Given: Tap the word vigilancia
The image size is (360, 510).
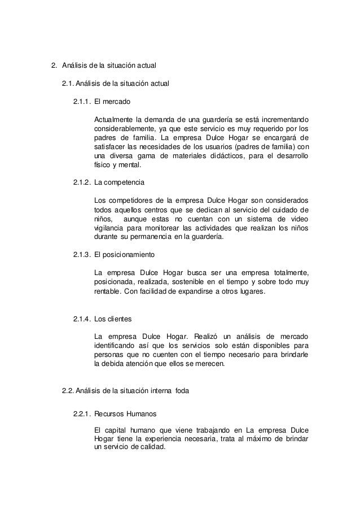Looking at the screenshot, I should [x=109, y=228].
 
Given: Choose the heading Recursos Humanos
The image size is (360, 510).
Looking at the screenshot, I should [x=125, y=413].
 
